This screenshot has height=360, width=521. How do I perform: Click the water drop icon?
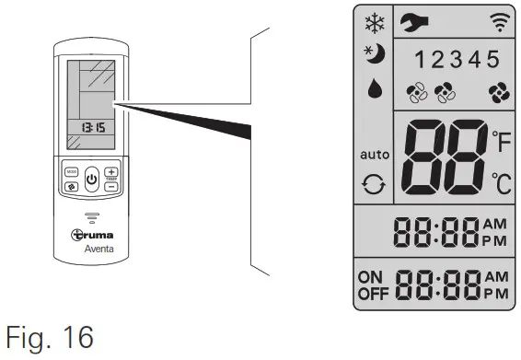pos(373,88)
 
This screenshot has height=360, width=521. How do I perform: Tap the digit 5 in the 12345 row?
pos(492,61)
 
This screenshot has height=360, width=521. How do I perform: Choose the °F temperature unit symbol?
pos(500,141)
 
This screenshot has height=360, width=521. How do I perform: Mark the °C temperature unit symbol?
pos(500,181)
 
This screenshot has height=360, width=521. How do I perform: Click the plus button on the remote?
pos(111,172)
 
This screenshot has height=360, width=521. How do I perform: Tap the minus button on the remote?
pos(111,186)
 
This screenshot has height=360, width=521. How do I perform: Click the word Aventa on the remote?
pos(90,248)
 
